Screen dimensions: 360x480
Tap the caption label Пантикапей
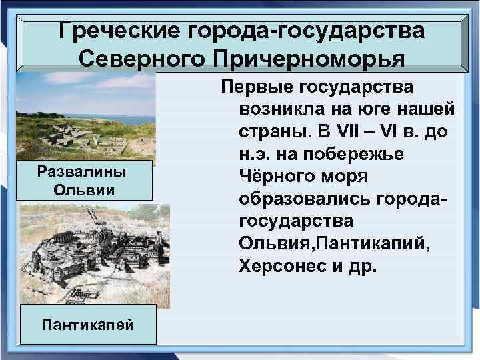coord(87,325)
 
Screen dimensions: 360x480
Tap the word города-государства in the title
coord(307,31)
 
